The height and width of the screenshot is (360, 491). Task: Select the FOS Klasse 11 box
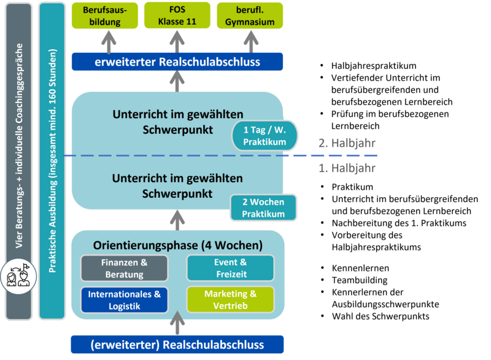point(177,16)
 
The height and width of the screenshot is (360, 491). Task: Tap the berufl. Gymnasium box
point(250,16)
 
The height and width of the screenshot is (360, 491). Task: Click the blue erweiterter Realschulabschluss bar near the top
point(177,62)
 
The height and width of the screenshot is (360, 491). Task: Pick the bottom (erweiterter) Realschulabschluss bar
point(177,345)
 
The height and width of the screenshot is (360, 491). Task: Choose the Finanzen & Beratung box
point(124,268)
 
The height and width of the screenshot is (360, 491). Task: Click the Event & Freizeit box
point(230,268)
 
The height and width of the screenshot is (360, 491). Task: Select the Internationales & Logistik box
point(124,300)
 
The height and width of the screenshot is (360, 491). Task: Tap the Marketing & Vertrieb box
point(230,300)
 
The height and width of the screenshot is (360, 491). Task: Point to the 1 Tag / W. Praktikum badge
point(264,136)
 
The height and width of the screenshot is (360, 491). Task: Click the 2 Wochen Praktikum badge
point(263,208)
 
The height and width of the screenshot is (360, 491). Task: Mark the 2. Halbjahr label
point(347,144)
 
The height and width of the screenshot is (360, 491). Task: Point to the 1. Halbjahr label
point(347,168)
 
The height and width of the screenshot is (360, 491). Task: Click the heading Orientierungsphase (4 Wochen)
point(177,245)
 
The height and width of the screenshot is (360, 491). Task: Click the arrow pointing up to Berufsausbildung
point(108,41)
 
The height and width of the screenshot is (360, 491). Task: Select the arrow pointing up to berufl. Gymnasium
point(250,41)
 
